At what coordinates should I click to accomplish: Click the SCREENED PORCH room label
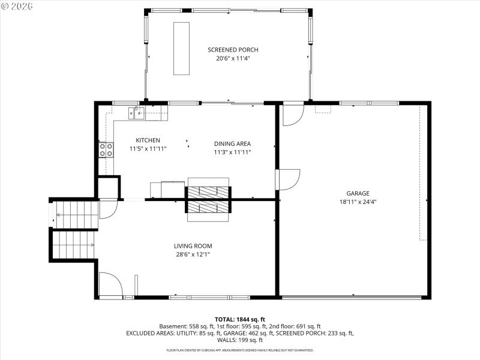pyautogui.click(x=233, y=50)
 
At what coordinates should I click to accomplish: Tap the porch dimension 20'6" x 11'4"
pyautogui.click(x=233, y=59)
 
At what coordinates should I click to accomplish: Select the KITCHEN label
pyautogui.click(x=148, y=140)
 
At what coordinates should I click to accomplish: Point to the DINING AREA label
pyautogui.click(x=232, y=143)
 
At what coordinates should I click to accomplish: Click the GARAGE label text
pyautogui.click(x=358, y=193)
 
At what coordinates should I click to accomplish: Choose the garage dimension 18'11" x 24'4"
pyautogui.click(x=358, y=202)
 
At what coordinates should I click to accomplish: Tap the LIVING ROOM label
pyautogui.click(x=193, y=246)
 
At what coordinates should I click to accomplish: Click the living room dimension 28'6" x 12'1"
pyautogui.click(x=193, y=254)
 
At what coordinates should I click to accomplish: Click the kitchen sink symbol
pyautogui.click(x=136, y=112)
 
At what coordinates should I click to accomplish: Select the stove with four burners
pyautogui.click(x=106, y=149)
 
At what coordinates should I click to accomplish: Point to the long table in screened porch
pyautogui.click(x=181, y=49)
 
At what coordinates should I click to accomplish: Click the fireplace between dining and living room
pyautogui.click(x=208, y=199)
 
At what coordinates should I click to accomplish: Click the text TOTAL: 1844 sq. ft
pyautogui.click(x=239, y=319)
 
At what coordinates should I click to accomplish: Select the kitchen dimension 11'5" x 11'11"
pyautogui.click(x=148, y=148)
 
